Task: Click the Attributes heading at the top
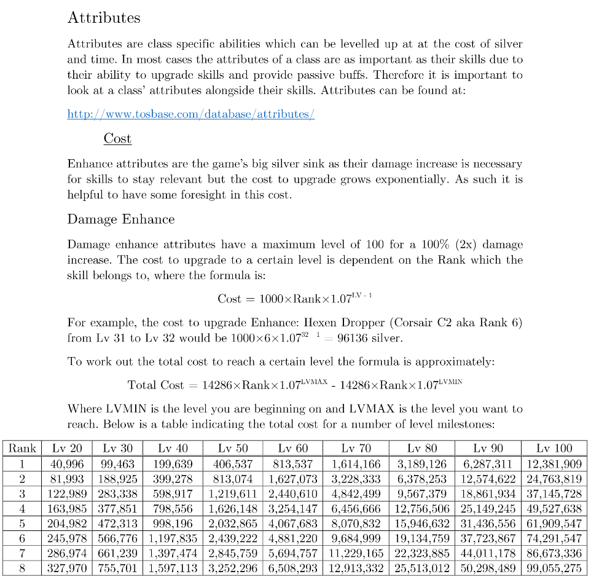point(104,18)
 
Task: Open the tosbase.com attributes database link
point(190,114)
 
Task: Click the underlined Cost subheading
point(117,139)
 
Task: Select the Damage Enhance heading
point(121,219)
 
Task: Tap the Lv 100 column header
point(554,448)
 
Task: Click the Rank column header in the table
point(22,448)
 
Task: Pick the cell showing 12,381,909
point(554,463)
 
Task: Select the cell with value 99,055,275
point(554,568)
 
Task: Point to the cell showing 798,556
point(173,508)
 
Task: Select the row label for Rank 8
point(22,568)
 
